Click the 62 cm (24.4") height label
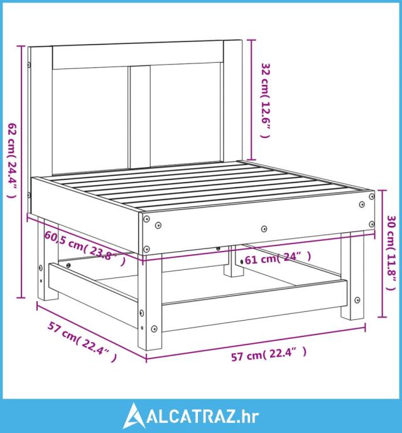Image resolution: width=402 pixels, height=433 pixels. (12, 160)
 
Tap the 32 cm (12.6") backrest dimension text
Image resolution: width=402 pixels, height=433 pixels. (266, 100)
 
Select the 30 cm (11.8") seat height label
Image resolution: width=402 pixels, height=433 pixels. (391, 253)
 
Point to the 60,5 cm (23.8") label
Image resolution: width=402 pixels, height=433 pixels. (85, 248)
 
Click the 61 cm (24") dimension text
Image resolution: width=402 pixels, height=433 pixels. (278, 258)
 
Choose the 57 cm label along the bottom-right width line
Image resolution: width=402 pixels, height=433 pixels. (269, 354)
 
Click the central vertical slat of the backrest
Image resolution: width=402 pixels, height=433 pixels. (140, 117)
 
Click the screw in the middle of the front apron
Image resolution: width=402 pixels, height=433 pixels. (264, 228)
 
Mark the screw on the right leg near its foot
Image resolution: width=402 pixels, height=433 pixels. (357, 300)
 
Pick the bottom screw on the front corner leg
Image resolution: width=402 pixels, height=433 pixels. (154, 329)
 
